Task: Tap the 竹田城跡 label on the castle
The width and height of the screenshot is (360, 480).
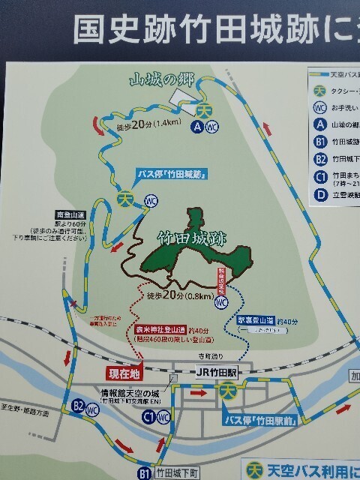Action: [x=191, y=241]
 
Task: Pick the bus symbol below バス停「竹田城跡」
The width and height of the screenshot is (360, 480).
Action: [x=125, y=199]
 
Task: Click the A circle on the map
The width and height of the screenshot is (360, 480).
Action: [x=196, y=127]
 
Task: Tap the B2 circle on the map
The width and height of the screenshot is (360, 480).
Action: [x=79, y=406]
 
